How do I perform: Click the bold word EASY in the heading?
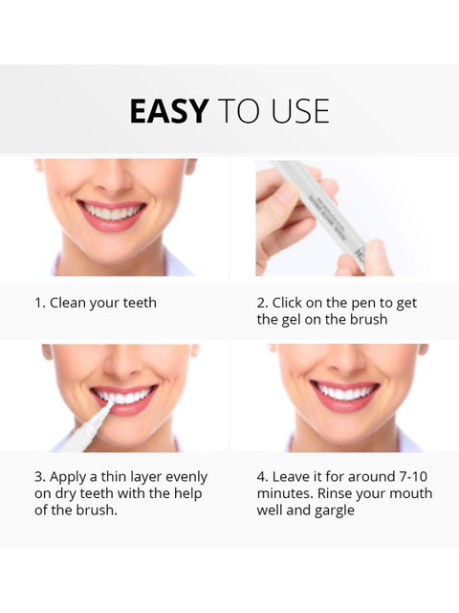click(168, 111)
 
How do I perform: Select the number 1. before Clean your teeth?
click(40, 303)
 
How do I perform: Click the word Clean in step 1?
click(68, 303)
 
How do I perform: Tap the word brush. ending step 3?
click(97, 510)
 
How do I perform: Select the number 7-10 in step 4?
click(413, 477)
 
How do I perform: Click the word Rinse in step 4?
click(336, 493)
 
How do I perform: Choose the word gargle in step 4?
click(335, 511)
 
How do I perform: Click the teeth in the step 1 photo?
click(111, 213)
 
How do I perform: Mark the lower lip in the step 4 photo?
click(344, 403)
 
